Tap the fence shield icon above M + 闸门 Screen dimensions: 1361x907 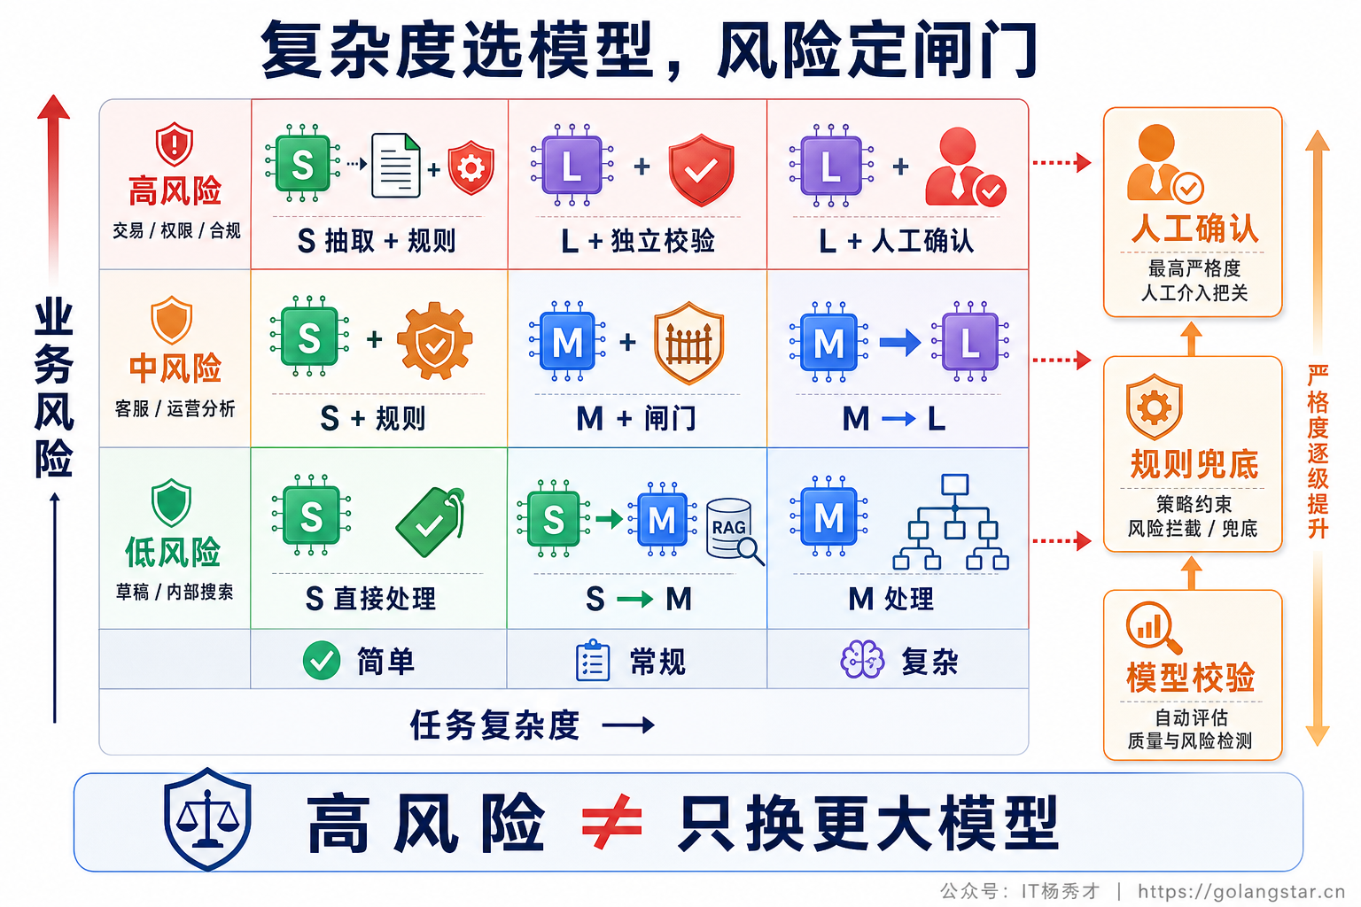click(688, 343)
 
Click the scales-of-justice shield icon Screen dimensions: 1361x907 click(208, 818)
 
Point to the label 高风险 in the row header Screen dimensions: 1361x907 click(175, 190)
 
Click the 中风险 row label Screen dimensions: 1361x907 click(175, 368)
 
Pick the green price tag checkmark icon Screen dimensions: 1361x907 click(431, 521)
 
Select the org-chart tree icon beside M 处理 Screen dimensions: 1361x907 click(952, 522)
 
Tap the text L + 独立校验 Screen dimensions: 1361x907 click(638, 241)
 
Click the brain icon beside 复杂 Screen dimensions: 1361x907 click(862, 660)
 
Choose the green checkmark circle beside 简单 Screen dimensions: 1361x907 click(322, 661)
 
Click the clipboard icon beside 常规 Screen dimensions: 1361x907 click(593, 660)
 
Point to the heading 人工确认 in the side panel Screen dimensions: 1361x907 click(1194, 229)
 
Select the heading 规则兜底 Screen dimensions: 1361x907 click(1194, 465)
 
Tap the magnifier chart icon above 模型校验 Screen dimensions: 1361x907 click(1153, 626)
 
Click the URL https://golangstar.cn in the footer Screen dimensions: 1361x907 click(1241, 891)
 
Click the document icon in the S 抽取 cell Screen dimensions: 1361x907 click(395, 166)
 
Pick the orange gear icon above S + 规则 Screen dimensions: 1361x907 click(434, 341)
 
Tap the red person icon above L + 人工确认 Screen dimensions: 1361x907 click(965, 167)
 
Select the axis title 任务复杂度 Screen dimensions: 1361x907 click(494, 725)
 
